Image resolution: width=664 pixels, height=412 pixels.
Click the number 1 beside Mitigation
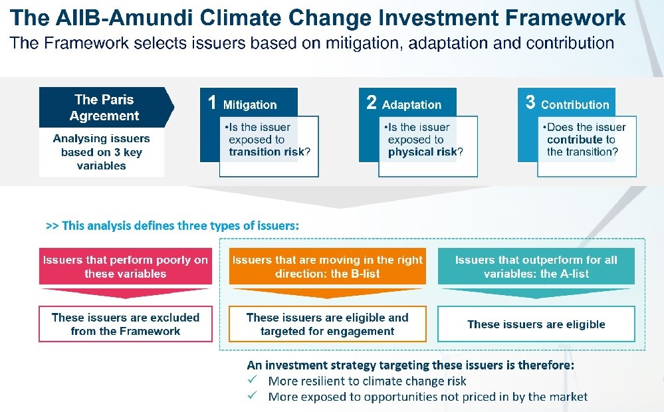[x=212, y=102]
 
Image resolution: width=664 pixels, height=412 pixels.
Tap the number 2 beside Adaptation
[x=372, y=102]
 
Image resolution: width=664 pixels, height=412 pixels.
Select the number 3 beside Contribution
[x=530, y=102]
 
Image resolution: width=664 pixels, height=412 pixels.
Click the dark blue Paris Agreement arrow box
[x=106, y=108]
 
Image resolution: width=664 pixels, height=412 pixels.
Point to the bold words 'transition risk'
[x=267, y=152]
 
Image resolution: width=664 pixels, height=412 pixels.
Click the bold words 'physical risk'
[x=423, y=152]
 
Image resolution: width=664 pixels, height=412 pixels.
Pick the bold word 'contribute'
[x=575, y=140]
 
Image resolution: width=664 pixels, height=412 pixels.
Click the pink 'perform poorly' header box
[x=126, y=266]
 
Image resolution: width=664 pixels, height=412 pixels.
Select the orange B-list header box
[x=327, y=266]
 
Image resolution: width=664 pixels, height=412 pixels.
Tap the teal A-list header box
[x=536, y=266]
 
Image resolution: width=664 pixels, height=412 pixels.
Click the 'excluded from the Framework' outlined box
[x=126, y=324]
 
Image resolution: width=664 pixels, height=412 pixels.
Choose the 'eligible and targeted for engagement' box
[x=327, y=324]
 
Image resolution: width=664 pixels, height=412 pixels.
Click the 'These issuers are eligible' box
[x=536, y=324]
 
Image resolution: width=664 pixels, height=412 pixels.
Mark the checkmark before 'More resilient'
[x=253, y=379]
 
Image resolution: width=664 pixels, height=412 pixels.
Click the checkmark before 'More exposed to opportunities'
[x=253, y=395]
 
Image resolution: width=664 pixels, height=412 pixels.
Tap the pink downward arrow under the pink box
[x=126, y=293]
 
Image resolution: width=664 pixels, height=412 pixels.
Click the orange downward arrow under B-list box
[x=327, y=293]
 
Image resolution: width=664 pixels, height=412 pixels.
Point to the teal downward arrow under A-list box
[x=536, y=293]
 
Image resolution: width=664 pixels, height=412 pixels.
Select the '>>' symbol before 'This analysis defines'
[x=52, y=226]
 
